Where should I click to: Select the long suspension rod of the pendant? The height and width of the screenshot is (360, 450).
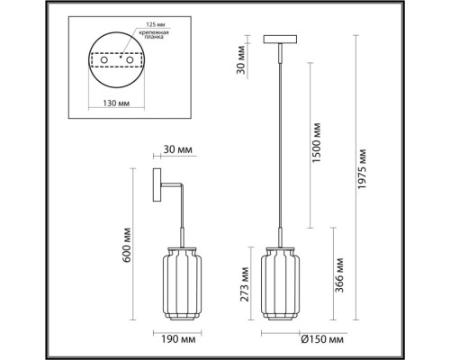(279, 144)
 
